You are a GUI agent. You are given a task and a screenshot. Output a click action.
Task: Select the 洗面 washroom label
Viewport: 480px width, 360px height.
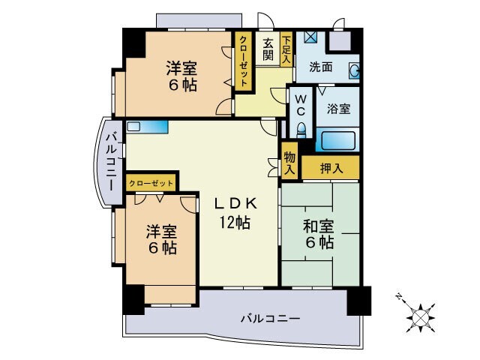point(321,66)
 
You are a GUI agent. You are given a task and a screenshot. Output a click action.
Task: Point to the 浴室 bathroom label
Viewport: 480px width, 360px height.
point(338,109)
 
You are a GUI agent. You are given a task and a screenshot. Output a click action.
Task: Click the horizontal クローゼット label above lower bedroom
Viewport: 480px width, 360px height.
point(151,182)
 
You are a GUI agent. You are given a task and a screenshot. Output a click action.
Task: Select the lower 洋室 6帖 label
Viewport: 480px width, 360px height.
point(161,239)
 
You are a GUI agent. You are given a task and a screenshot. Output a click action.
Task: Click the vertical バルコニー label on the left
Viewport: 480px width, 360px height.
point(109,160)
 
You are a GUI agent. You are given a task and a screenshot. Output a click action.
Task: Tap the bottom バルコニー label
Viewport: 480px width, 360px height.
point(270,319)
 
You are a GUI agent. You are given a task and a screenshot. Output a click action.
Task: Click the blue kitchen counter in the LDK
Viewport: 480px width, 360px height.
point(146,127)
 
